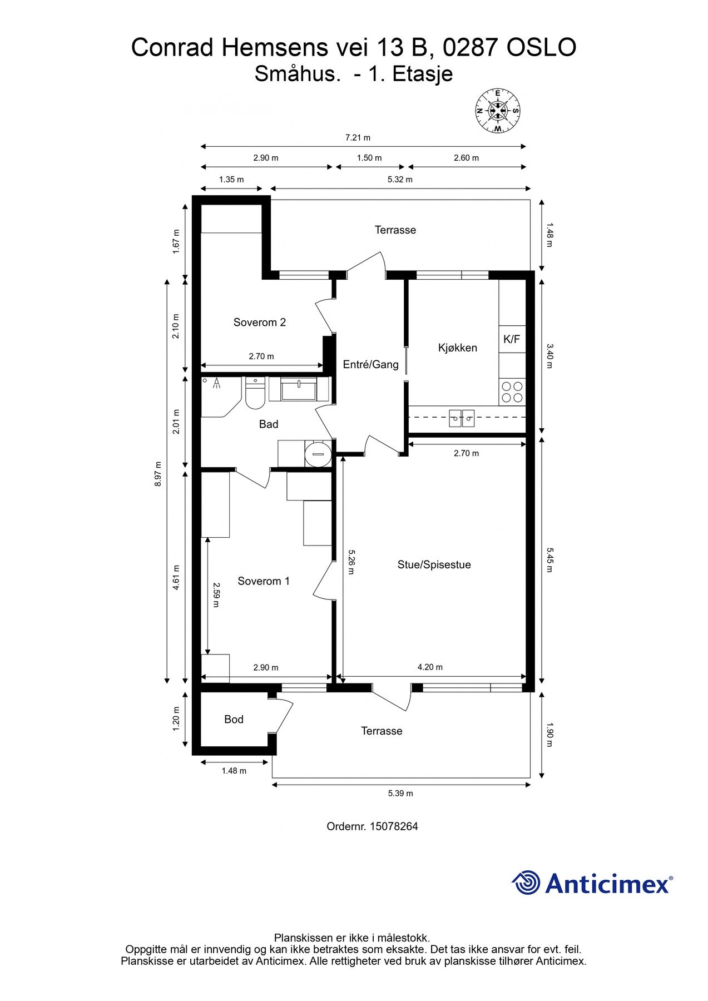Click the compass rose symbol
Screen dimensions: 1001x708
point(498,111)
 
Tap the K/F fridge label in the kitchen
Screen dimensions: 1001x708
point(511,339)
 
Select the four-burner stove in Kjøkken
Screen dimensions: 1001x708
point(512,392)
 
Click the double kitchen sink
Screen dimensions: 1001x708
point(462,417)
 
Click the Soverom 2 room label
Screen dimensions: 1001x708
point(259,323)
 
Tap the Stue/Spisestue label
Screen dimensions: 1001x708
point(434,565)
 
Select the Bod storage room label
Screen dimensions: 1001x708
point(234,720)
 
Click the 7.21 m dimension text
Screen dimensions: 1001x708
point(358,137)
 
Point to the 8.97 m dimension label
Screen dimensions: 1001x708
point(159,474)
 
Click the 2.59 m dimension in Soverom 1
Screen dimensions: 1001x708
point(216,595)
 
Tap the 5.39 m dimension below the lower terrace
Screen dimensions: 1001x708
point(400,794)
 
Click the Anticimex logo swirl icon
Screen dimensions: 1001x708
point(526,883)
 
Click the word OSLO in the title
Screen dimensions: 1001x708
point(541,48)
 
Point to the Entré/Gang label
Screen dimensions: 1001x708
point(370,365)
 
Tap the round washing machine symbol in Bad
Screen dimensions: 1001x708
point(318,454)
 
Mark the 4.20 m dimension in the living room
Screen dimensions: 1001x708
point(430,667)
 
